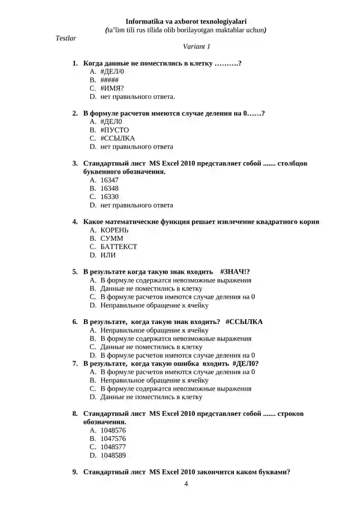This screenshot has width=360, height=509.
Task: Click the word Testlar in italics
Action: pos(66,38)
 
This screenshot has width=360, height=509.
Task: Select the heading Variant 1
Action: pos(197,46)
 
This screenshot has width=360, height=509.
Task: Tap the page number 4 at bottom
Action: pos(186,484)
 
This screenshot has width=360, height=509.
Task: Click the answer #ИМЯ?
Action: pos(112,88)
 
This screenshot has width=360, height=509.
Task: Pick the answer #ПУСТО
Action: pos(114,130)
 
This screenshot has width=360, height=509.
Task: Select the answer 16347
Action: pos(109,180)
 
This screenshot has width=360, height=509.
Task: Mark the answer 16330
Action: pos(109,197)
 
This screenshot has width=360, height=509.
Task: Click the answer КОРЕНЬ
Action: pos(114,230)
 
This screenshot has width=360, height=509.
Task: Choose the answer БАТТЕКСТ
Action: pos(119,247)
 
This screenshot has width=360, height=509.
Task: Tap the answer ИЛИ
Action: pos(108,255)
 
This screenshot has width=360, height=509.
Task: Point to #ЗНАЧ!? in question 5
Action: pos(235,272)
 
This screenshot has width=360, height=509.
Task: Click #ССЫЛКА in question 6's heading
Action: pos(244,322)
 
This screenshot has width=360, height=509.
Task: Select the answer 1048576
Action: pos(113,430)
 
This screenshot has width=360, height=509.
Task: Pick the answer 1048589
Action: pos(113,455)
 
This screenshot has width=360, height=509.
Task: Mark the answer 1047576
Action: pos(113,438)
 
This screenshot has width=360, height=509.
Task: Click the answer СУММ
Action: pos(112,239)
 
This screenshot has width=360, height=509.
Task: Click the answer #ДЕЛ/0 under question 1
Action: pos(112,72)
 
